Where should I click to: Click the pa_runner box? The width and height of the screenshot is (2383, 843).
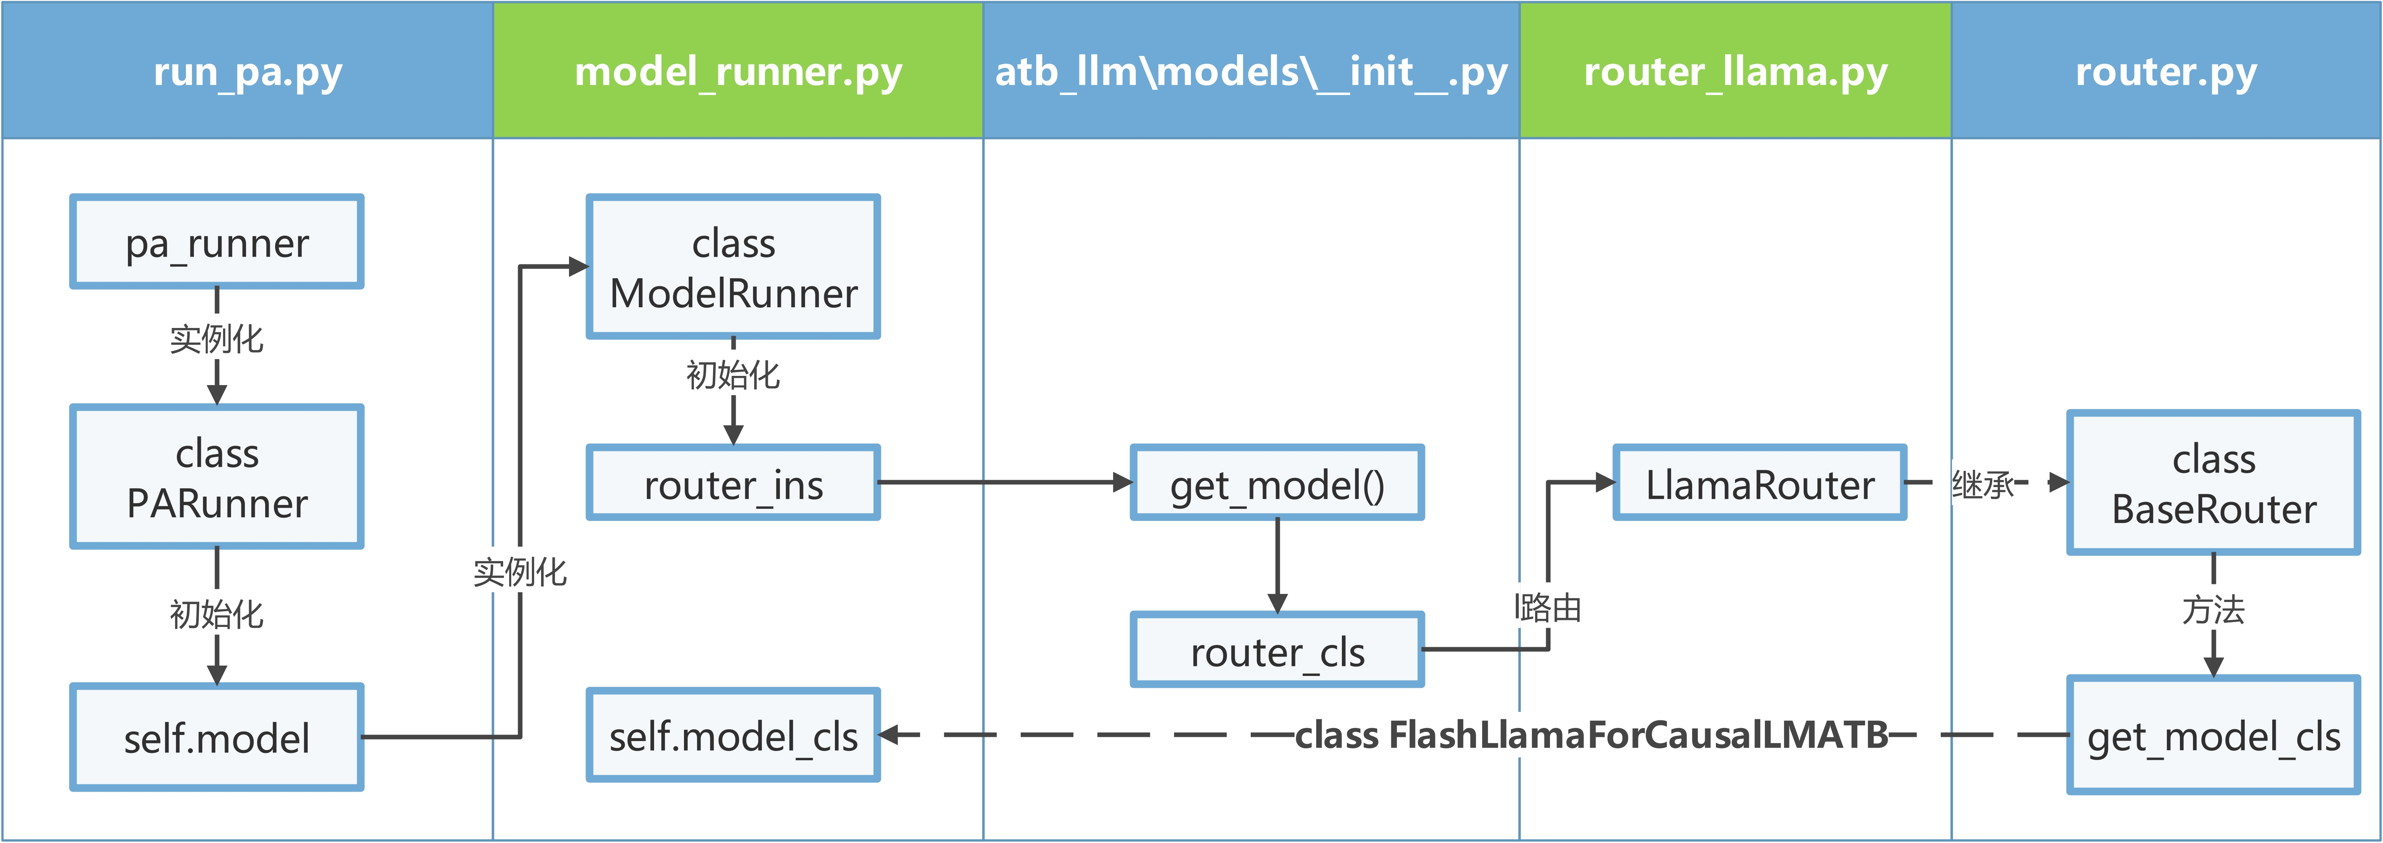pos(216,243)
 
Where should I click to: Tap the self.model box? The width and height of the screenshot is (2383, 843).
pos(216,738)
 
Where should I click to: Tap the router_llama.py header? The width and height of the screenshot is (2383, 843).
pos(1735,71)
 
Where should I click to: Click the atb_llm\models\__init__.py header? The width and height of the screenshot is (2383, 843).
pos(1251,71)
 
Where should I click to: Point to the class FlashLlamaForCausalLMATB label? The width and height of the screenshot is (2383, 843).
pos(1591,736)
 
